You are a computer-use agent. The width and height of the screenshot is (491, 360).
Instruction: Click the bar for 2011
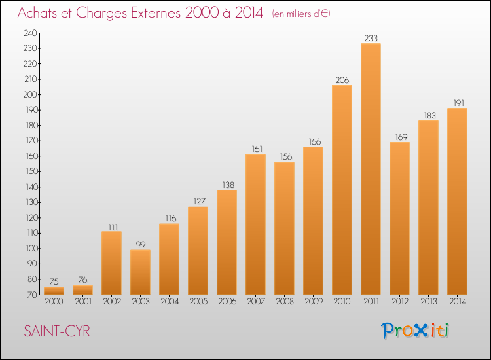[x=371, y=169]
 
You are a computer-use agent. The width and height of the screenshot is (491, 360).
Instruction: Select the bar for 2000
[x=54, y=291]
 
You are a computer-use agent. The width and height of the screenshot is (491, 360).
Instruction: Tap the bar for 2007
[x=255, y=225]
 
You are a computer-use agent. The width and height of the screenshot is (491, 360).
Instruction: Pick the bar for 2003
[x=140, y=272]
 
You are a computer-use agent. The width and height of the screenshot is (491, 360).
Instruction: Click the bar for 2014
[x=457, y=202]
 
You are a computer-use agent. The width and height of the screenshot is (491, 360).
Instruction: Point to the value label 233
[x=371, y=38]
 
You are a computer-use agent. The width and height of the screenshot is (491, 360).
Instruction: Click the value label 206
[x=342, y=80]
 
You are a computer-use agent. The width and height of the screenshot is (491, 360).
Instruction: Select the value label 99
[x=141, y=244]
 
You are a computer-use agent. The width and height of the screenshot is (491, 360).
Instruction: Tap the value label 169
[x=401, y=137]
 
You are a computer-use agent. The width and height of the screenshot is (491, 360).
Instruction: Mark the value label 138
[x=228, y=185]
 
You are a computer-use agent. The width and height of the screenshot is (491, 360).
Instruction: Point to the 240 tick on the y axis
[x=30, y=33]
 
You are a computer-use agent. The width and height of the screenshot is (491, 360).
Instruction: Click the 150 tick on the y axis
[x=31, y=171]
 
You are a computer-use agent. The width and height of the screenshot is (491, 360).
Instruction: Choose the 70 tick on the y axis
[x=33, y=295]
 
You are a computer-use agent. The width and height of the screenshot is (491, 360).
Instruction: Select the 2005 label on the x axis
[x=198, y=302]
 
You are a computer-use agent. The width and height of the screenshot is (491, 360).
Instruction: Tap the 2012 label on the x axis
[x=400, y=302]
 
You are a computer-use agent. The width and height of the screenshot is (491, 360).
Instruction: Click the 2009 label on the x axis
[x=314, y=302]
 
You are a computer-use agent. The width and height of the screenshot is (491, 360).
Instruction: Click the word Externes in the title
[x=155, y=13]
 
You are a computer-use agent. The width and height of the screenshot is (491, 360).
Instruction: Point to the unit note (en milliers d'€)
[x=301, y=14]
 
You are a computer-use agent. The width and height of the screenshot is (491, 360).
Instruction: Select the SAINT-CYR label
[x=57, y=331]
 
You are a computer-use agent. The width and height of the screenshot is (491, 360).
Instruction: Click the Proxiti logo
[x=415, y=331]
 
